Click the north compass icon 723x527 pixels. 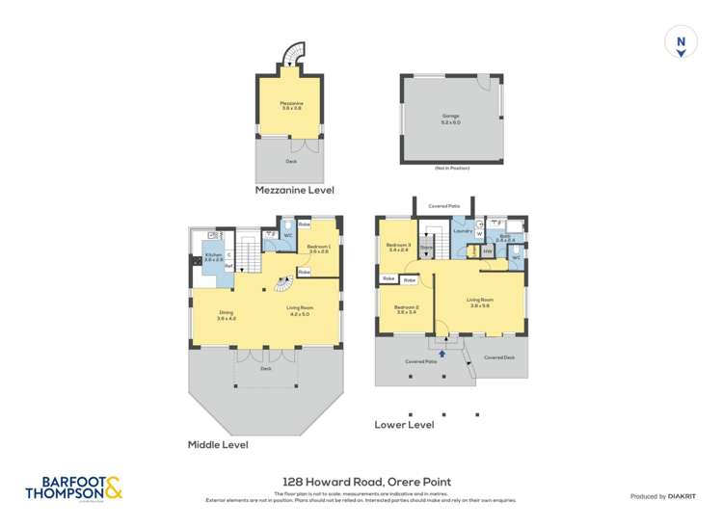681,43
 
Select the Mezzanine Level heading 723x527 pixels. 293,191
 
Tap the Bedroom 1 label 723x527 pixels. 319,249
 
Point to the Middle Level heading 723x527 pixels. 217,445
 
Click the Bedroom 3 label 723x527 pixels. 397,247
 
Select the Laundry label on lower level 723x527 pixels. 461,231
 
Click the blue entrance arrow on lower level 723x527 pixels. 442,354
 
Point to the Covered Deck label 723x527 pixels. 499,357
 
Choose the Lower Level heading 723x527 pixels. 404,424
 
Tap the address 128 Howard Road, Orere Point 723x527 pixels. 366,482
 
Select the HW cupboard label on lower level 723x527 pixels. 489,252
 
